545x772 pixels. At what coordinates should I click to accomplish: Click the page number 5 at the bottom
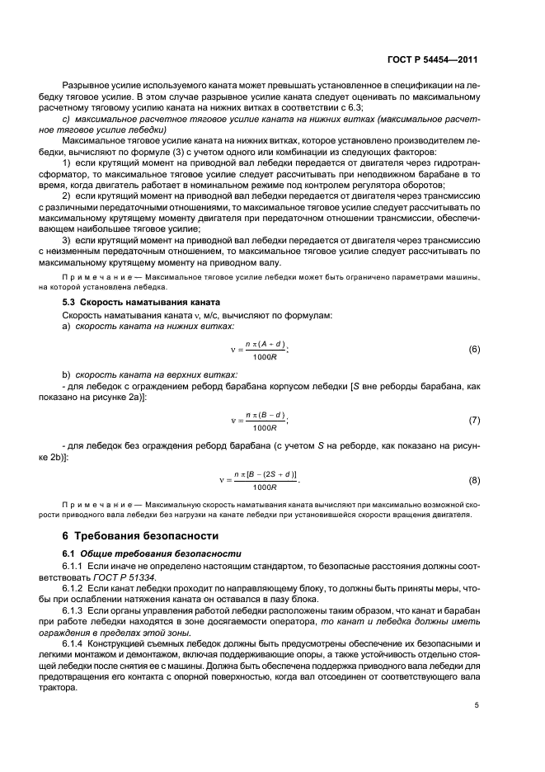tap(477, 705)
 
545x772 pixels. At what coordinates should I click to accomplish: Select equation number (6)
tap(474, 350)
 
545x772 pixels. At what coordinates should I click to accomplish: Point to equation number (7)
tap(474, 421)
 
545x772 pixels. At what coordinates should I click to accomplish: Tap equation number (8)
tap(474, 480)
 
